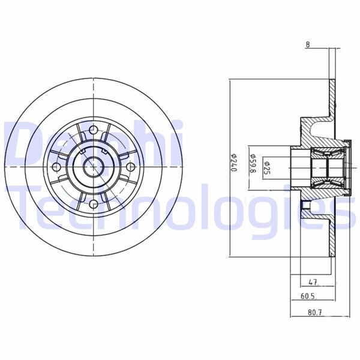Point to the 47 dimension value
[x=312, y=281]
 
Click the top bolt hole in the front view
[x=94, y=129]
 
